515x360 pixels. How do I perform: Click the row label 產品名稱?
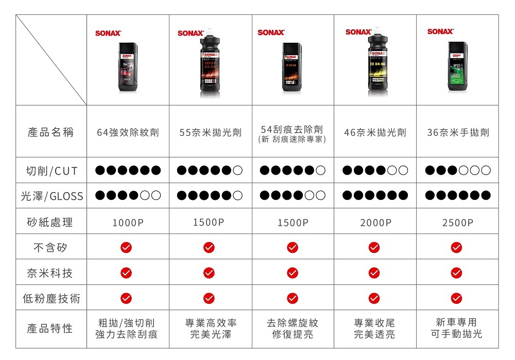[x=50, y=132]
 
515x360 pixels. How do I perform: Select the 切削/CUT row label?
[x=51, y=170]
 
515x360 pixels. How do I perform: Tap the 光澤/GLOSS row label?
[x=51, y=196]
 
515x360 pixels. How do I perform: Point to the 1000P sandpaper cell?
[x=128, y=222]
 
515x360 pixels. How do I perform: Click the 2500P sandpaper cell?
[x=457, y=222]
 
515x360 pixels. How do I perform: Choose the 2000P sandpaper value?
[x=375, y=222]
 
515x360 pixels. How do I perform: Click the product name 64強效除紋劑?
[x=128, y=133]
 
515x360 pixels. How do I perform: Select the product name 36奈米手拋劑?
[x=458, y=133]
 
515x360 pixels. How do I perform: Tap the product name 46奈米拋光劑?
[x=375, y=133]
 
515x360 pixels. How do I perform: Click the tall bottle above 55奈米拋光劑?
[x=210, y=64]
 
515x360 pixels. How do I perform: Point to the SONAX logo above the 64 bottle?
[x=108, y=33]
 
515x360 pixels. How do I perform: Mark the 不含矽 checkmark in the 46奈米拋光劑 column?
[x=374, y=248]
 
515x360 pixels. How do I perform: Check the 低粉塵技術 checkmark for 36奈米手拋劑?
[x=456, y=298]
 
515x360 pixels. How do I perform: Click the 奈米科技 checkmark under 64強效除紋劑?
[x=126, y=272]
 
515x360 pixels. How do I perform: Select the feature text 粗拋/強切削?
[x=126, y=323]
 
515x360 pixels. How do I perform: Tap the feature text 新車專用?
[x=456, y=322]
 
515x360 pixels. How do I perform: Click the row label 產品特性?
[x=50, y=328]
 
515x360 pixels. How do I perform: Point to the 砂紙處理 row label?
[x=50, y=222]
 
